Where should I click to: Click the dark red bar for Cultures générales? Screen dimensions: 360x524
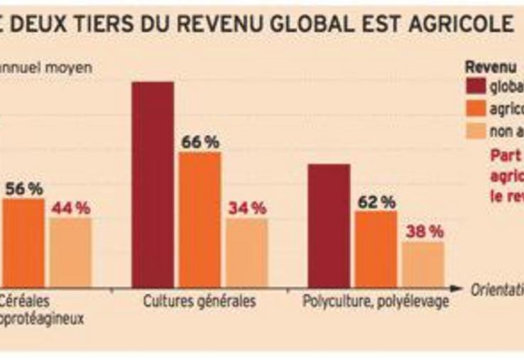coord(153,185)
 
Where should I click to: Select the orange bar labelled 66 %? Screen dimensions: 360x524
coord(200,219)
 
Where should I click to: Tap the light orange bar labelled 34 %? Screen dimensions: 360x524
coord(247,252)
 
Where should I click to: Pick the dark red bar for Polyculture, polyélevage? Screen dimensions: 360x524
coord(328,226)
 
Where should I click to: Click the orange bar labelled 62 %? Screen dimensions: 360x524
coord(376,249)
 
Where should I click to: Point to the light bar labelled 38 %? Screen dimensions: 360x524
coord(423,264)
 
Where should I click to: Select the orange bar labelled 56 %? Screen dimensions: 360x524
coord(23,242)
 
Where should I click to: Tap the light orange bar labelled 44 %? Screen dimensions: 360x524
coord(70,252)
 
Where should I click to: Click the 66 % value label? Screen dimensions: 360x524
coord(200,142)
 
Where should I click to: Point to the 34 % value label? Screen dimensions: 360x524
coord(247,208)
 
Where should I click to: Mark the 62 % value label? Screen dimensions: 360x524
coord(376,202)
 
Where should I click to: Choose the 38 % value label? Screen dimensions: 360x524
coord(424,231)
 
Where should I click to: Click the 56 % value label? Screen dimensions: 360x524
coord(24,189)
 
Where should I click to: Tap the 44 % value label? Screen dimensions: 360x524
coord(71,208)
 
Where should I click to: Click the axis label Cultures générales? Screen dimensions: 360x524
coord(200,301)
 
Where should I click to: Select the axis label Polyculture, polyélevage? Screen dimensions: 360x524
coord(376,301)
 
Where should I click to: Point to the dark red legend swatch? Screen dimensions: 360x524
coord(475,87)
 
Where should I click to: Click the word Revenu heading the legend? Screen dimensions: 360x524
coord(490,67)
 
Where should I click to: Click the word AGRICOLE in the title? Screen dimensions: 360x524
coord(465,25)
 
